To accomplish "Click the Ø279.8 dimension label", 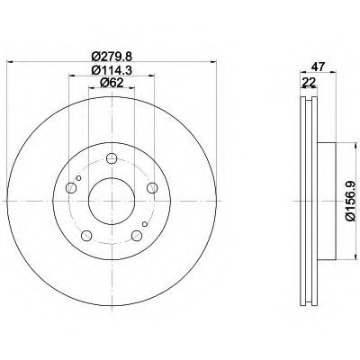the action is point(112,56).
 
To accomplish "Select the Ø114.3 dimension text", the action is point(112,70).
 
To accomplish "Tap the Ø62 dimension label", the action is point(112,83).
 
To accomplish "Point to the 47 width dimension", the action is point(318,67).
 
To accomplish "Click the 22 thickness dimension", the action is point(309,82).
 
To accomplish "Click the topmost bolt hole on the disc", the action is point(112,158).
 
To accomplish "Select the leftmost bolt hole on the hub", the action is point(71,188).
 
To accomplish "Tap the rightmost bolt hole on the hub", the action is point(152,188).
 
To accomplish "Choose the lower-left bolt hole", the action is point(86,236).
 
